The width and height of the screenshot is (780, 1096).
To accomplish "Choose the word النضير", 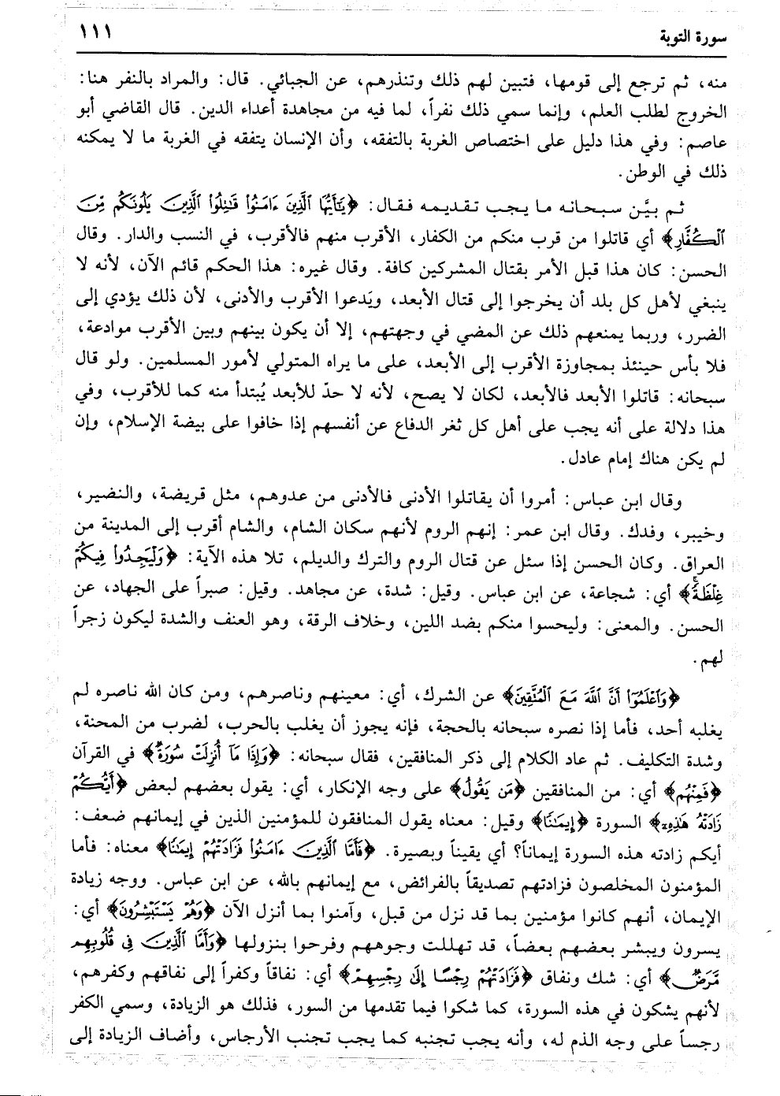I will (x=89, y=498).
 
